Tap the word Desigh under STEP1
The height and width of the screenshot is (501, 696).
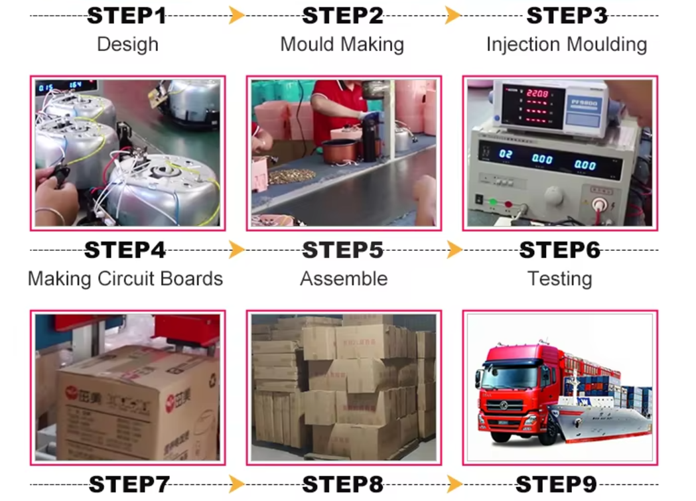127,44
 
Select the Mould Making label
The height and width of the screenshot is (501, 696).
342,44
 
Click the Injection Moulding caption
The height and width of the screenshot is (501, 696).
566,44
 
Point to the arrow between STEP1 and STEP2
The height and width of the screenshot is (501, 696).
236,15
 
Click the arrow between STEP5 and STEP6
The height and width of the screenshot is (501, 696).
454,250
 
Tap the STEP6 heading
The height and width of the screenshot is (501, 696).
559,250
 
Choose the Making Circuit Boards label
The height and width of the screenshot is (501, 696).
125,278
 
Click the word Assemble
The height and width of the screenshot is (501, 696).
344,278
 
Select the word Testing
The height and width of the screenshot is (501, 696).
559,278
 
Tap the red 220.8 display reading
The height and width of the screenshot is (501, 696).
537,94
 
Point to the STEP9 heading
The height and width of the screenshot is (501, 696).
555,484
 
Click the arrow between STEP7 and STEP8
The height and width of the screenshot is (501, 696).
236,484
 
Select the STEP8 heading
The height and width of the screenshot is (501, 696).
342,484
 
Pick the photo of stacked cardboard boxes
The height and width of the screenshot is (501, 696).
344,387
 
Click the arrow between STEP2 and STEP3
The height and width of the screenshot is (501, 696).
453,15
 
